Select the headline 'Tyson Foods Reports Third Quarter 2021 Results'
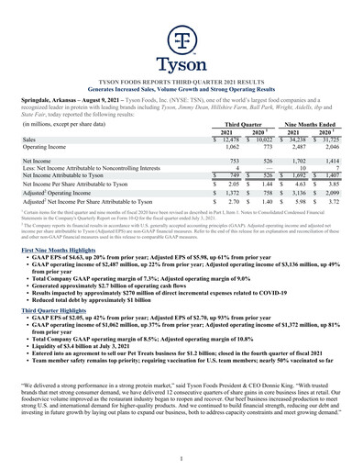[181, 82]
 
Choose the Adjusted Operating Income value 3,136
[294, 195]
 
